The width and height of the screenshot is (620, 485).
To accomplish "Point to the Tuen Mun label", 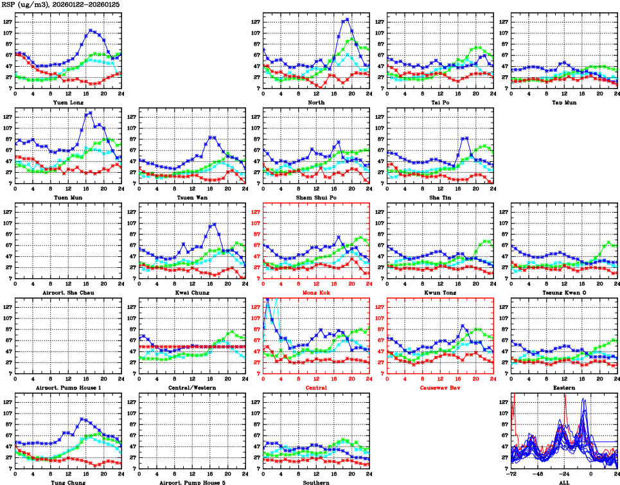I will click(x=67, y=197).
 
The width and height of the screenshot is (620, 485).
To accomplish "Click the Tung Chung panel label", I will click(x=67, y=482).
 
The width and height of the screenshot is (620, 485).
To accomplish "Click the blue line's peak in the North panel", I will click(x=348, y=19).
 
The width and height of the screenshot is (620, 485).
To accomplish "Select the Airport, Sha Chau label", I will click(x=67, y=292).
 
